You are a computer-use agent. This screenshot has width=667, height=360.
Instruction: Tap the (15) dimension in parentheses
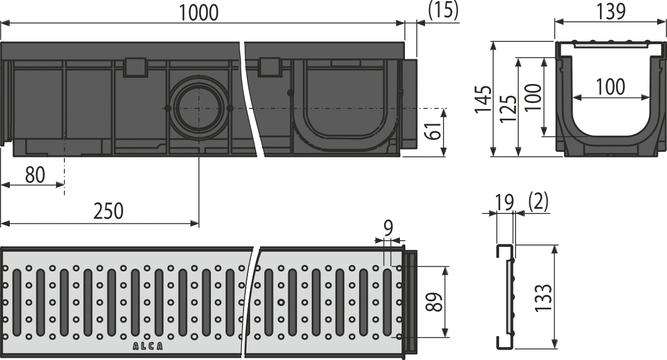click(x=443, y=11)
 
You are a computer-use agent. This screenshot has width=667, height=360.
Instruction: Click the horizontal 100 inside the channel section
click(x=610, y=87)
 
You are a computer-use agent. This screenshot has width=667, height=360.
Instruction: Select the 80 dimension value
click(x=34, y=175)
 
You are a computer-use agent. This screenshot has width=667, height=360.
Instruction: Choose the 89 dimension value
click(x=434, y=301)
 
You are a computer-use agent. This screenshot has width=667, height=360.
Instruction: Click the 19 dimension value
click(x=505, y=203)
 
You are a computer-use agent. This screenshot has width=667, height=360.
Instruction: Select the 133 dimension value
click(x=543, y=297)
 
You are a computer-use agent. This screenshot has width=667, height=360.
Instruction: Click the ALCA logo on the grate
click(x=147, y=345)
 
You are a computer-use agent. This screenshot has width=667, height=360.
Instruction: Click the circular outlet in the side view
click(x=198, y=108)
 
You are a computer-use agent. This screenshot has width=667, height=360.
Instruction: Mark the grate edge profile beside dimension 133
click(x=505, y=297)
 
